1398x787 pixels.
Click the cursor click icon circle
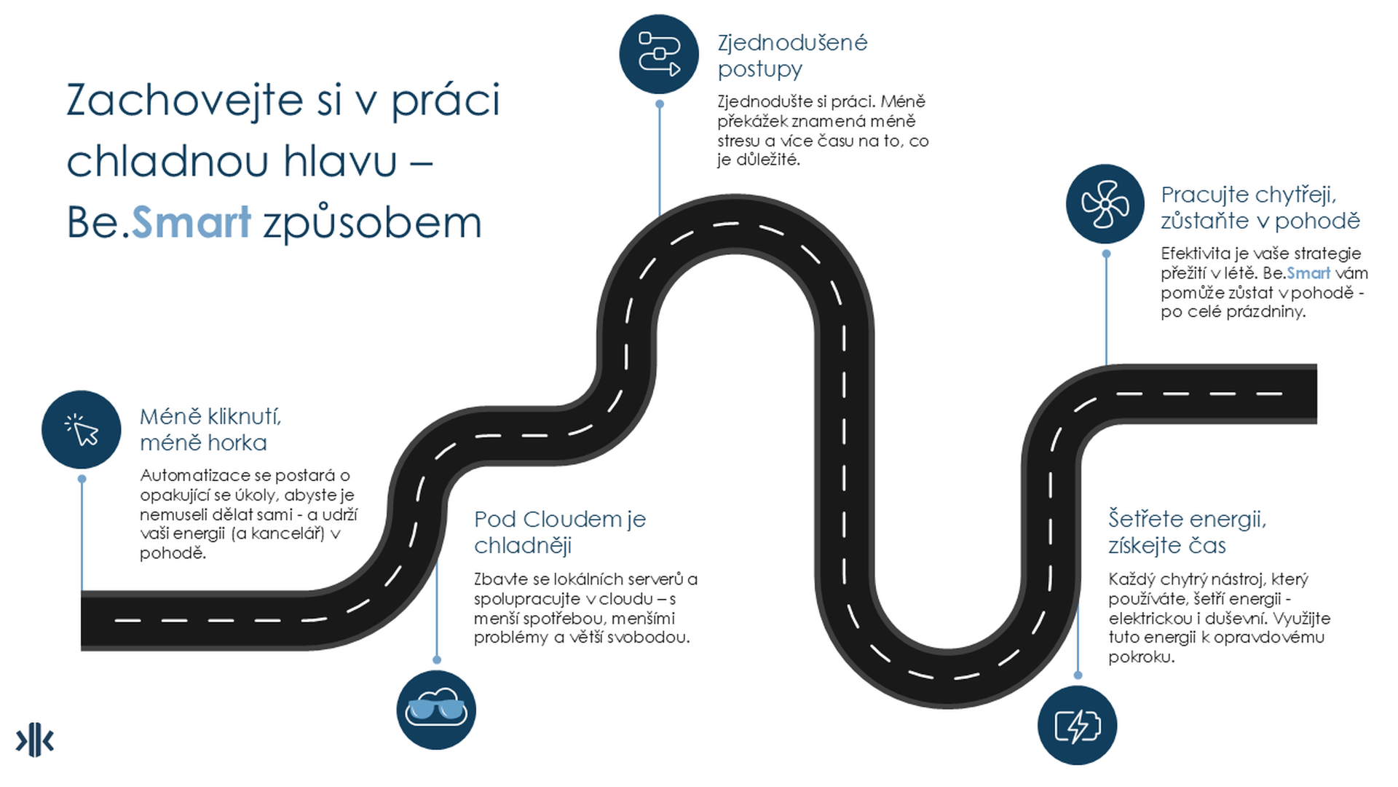tap(82, 430)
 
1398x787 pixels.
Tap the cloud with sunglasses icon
tap(436, 710)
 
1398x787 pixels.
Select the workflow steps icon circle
tap(659, 55)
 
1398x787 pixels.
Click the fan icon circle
tap(1105, 204)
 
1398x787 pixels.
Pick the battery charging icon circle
tap(1077, 725)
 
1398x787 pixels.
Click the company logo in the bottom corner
tap(34, 741)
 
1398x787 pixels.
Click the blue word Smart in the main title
tap(191, 222)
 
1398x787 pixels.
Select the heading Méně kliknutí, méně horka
tap(210, 429)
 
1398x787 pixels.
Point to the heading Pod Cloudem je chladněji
tap(560, 532)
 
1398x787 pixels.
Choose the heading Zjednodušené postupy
tap(792, 55)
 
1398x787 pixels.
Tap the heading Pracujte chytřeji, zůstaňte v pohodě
tap(1260, 208)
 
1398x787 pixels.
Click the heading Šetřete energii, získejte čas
tap(1188, 532)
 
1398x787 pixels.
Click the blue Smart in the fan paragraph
tap(1308, 273)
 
